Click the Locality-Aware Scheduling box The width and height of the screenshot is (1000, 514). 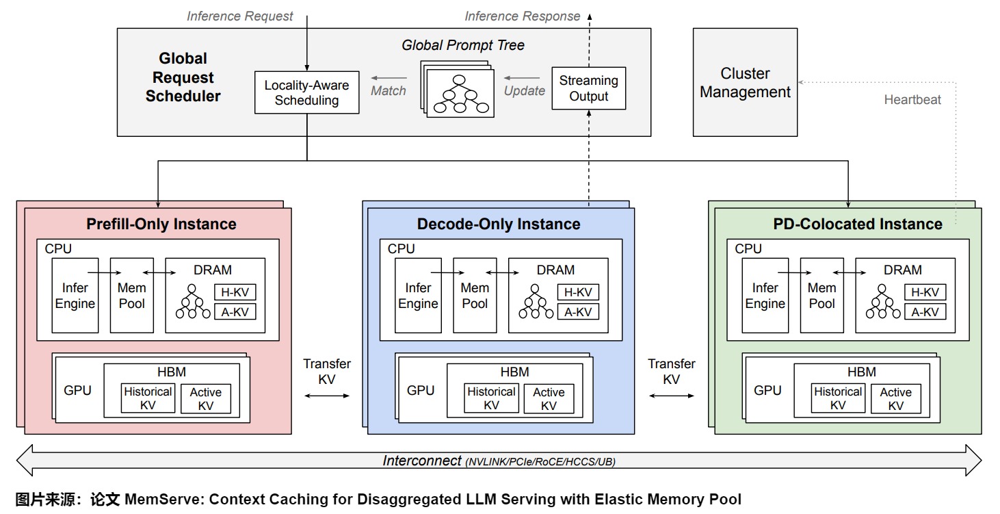tap(306, 92)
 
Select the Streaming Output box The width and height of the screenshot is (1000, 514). tap(588, 88)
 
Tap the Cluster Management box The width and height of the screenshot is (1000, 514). tap(745, 83)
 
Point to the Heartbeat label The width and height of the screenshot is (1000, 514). tap(912, 100)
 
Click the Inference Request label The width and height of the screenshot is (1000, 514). tap(240, 16)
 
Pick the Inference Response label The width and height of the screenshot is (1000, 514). tap(522, 16)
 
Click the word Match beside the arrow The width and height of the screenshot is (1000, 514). tap(389, 90)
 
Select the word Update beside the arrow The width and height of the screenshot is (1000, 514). tap(525, 90)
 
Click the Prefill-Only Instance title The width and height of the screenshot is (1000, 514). tap(161, 224)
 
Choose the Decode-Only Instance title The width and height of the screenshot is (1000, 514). tap(499, 224)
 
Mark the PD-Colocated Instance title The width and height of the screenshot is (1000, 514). tap(858, 224)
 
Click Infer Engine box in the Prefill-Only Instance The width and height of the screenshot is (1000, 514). tap(75, 296)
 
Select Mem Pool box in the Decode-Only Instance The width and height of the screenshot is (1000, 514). tap(475, 296)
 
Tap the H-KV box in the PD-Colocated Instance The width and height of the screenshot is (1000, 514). tap(925, 292)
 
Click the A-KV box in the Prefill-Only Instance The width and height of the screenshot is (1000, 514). tap(235, 312)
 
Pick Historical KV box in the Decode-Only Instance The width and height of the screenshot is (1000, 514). tap(491, 398)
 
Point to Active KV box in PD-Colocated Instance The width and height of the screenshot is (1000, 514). tap(895, 398)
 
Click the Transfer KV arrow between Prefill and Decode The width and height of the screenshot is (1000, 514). tap(327, 395)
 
